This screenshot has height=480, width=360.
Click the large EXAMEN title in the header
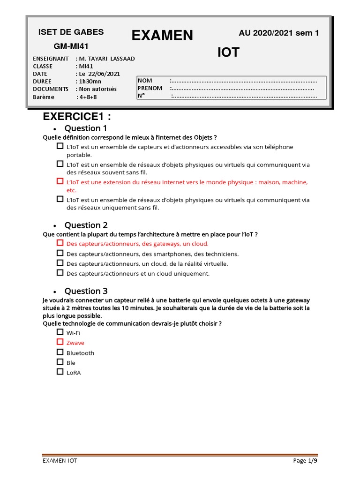pos(162,35)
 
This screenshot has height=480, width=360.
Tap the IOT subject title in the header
pos(228,53)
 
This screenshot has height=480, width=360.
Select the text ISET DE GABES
pos(71,32)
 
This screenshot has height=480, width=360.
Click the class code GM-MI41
pos(71,46)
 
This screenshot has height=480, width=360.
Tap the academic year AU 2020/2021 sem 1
pos(278,33)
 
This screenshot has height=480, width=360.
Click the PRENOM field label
pos(150,88)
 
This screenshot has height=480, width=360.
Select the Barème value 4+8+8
pos(88,97)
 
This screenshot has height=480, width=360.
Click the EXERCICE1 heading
pos(77,116)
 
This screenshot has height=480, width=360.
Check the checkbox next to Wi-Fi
pos(60,332)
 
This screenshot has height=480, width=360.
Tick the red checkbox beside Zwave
pos(60,342)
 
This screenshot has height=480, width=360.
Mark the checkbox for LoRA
pos(60,372)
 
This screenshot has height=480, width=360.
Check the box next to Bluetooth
pos(60,352)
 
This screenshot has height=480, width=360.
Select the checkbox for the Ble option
pos(60,362)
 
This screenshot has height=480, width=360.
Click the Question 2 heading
pos(86,225)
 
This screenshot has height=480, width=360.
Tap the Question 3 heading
pos(86,291)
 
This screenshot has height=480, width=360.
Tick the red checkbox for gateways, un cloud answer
pos(60,243)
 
